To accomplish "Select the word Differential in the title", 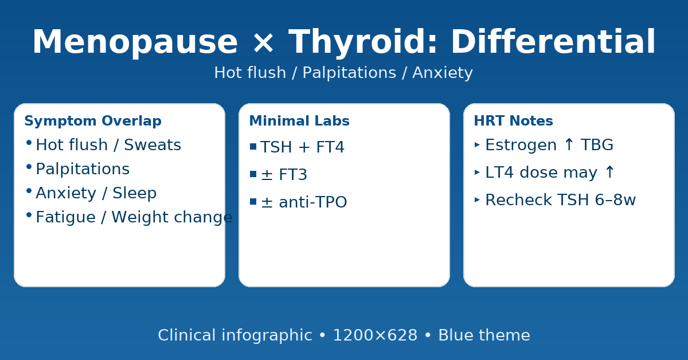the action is [x=553, y=41].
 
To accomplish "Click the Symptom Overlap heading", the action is [x=93, y=121].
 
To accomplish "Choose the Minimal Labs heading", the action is [x=299, y=121].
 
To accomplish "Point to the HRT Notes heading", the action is [x=514, y=121].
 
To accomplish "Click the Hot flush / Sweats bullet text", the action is [x=108, y=144].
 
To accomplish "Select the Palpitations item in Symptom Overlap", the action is [x=83, y=169].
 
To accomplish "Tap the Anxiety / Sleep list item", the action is [x=96, y=193].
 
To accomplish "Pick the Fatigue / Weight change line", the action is [x=134, y=217].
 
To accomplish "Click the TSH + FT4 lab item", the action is [x=303, y=147].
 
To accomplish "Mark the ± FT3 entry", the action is [x=284, y=174].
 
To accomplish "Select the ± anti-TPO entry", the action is [x=304, y=202].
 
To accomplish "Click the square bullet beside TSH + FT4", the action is [x=253, y=147].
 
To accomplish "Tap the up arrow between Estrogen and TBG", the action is [x=569, y=144].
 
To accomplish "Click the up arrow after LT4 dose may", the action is [x=609, y=172].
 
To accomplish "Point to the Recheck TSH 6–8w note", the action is [x=561, y=200].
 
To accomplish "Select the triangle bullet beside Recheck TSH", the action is [x=477, y=200].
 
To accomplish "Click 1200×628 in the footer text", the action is [x=375, y=335].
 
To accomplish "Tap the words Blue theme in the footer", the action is [x=484, y=335].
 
